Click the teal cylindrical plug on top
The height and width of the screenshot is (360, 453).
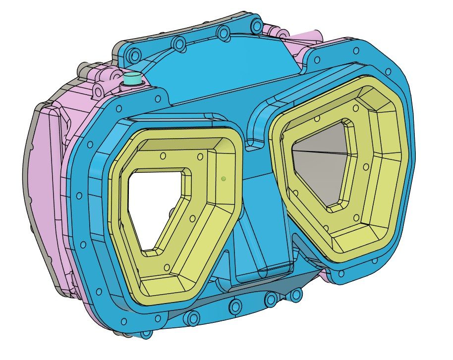point(132,78)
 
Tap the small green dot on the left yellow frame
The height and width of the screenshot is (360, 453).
point(224,178)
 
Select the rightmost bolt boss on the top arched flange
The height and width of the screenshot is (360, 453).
point(256,25)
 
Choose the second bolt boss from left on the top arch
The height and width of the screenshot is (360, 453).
point(178,45)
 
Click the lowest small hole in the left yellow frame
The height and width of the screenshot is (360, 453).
point(167,268)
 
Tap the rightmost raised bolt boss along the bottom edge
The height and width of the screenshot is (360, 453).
point(296,295)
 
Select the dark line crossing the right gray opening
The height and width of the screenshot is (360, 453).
point(322,152)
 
